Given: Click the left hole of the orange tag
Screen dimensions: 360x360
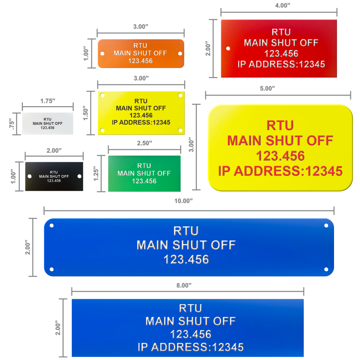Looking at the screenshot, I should pyautogui.click(x=102, y=53).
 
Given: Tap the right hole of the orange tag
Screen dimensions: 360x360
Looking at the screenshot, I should pyautogui.click(x=180, y=53).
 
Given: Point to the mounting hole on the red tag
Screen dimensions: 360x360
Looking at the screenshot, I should pyautogui.click(x=228, y=48).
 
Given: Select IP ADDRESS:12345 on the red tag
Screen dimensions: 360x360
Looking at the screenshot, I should pyautogui.click(x=281, y=64).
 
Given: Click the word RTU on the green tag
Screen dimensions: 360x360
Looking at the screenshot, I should pyautogui.click(x=144, y=166).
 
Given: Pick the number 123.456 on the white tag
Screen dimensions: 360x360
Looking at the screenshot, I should pyautogui.click(x=47, y=128).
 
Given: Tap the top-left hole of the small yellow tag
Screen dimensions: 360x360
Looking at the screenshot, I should pyautogui.click(x=102, y=95).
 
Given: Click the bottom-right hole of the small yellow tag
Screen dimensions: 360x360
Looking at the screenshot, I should pyautogui.click(x=180, y=130).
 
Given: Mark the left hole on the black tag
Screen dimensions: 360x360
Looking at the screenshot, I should pyautogui.click(x=30, y=176).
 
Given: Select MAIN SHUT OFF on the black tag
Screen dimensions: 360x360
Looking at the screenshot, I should pyautogui.click(x=54, y=176).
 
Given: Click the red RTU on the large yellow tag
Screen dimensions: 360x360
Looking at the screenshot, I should pyautogui.click(x=280, y=126).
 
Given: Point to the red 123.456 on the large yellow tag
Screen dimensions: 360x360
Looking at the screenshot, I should pyautogui.click(x=280, y=156).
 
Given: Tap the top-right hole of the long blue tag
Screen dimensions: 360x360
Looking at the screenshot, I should pyautogui.click(x=326, y=225).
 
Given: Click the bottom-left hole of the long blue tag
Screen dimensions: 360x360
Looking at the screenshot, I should pyautogui.click(x=52, y=269).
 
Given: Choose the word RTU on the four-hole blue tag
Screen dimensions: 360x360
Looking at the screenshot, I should pyautogui.click(x=186, y=231).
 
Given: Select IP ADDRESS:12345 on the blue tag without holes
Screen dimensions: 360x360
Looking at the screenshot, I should pyautogui.click(x=191, y=347).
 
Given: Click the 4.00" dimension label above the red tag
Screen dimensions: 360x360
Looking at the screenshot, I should pyautogui.click(x=282, y=6).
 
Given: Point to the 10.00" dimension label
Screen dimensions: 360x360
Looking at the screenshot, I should pyautogui.click(x=183, y=201).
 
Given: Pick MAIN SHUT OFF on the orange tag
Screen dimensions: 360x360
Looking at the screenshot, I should pyautogui.click(x=140, y=53).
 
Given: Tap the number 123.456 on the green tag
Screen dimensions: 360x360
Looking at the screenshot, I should pyautogui.click(x=144, y=181).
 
